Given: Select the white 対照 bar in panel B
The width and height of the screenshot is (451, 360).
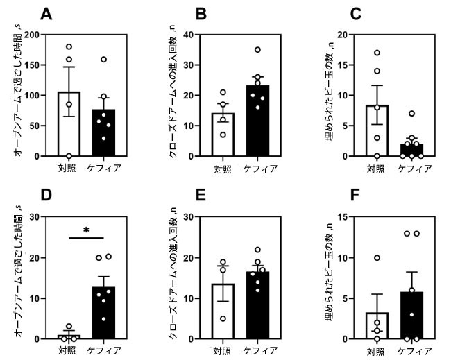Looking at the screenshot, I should [223, 135].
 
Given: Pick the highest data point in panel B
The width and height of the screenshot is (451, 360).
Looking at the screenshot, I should [257, 49].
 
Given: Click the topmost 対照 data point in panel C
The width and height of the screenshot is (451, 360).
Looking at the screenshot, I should [376, 53].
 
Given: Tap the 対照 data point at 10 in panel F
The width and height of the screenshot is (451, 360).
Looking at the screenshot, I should [376, 258].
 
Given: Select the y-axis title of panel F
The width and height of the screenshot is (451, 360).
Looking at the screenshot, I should [326, 277].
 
